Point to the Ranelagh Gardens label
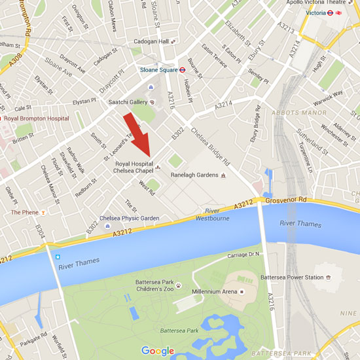(x=194, y=175)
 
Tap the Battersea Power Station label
(x=292, y=278)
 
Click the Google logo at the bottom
(x=158, y=351)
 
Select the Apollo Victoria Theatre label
(x=315, y=3)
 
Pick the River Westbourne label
(x=215, y=215)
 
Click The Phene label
(x=24, y=212)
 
